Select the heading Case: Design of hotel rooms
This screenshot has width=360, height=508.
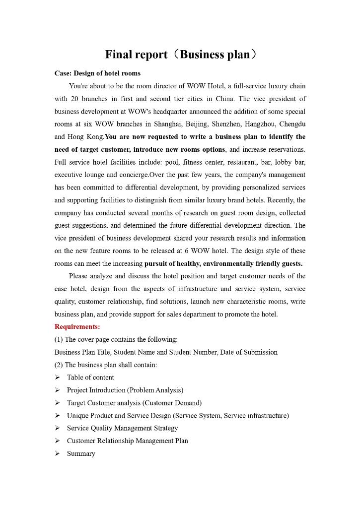[x=97, y=73]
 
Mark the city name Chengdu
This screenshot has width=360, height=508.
[x=293, y=124]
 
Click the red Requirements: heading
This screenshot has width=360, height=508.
[x=77, y=327]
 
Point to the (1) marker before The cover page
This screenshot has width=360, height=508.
[x=59, y=340]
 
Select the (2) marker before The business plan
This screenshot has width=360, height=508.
[x=59, y=365]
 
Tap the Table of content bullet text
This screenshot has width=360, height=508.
[x=90, y=378]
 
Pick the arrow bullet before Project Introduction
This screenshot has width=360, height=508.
[x=57, y=390]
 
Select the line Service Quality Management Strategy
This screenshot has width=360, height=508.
[x=122, y=428]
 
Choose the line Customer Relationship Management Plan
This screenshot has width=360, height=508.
[x=127, y=441]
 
